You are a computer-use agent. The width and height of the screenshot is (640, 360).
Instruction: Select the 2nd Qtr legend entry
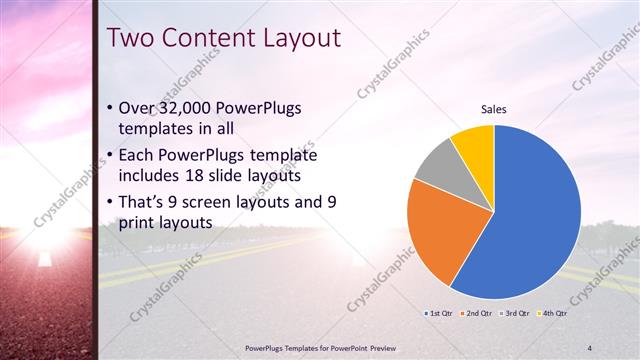tap(477, 313)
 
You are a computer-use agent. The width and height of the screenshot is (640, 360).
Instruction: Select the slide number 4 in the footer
tap(589, 347)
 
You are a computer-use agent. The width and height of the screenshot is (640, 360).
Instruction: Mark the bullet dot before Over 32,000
tap(109, 108)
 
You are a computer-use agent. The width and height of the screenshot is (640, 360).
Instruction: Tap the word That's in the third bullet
tap(144, 201)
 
